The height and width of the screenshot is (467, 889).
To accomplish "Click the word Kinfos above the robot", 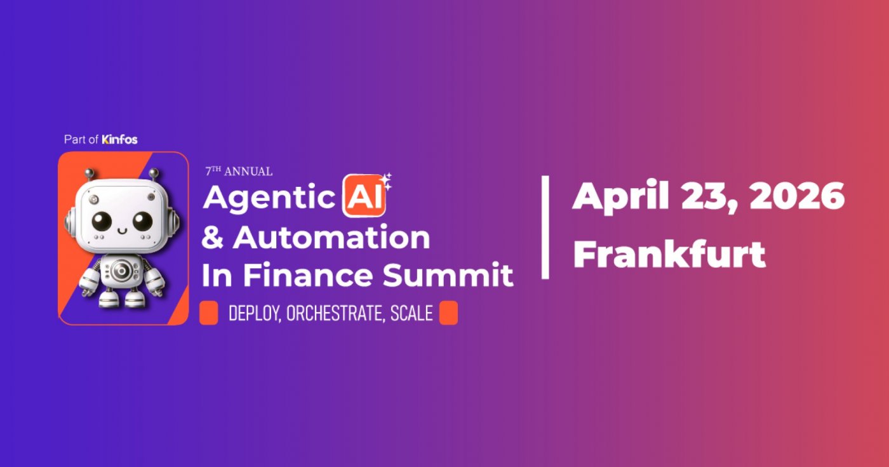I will pos(119,139).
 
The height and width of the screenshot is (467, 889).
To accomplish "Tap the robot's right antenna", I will pos(152,173).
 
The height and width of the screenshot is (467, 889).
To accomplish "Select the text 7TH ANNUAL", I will pos(239,172).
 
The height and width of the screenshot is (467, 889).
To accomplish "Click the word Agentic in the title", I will pos(268,198).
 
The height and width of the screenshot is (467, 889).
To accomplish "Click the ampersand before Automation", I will pos(213,238).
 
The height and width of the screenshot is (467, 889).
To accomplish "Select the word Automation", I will pos(331,238).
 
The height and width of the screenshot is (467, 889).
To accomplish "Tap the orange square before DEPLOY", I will pos(209,313).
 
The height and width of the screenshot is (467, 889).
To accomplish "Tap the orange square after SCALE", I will pos(448,313).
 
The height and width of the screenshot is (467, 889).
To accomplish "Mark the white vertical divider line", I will pos(545,227).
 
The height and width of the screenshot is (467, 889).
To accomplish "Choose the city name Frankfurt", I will pos(669,254).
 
